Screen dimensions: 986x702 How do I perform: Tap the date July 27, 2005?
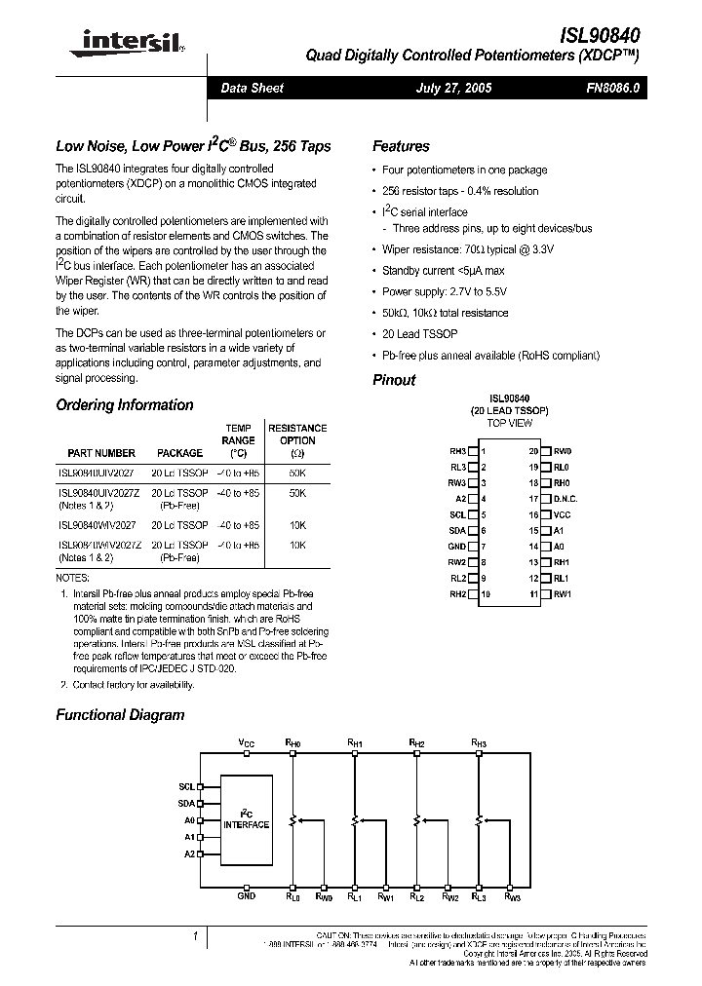(453, 89)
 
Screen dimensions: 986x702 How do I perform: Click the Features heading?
(401, 146)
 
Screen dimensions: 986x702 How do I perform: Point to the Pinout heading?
(394, 380)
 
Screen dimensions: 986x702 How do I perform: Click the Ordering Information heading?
(124, 405)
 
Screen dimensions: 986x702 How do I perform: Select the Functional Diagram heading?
(120, 714)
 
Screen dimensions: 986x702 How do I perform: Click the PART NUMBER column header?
(101, 453)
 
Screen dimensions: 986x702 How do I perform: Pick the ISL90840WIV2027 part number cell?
(97, 525)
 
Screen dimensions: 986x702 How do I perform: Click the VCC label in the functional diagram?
(247, 742)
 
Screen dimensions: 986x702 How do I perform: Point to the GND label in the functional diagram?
(247, 893)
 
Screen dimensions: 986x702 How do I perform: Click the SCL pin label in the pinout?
(457, 514)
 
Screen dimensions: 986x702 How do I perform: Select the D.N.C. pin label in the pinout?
(566, 499)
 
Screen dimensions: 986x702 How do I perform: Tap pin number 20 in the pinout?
(533, 451)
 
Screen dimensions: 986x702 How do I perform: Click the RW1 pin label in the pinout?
(563, 594)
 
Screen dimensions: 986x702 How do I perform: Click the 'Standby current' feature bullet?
(443, 270)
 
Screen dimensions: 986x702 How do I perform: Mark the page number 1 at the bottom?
(195, 936)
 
